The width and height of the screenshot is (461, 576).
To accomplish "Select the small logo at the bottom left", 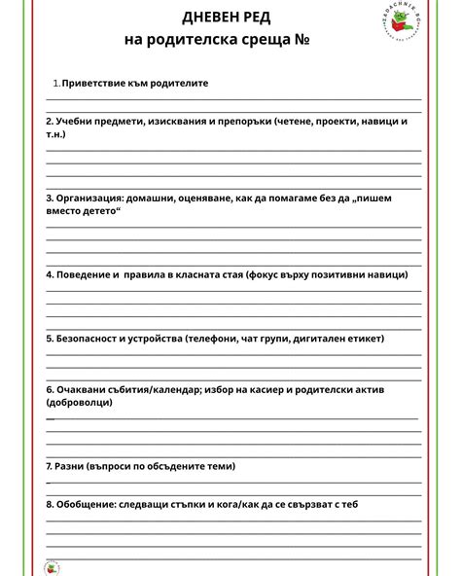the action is click(x=53, y=567).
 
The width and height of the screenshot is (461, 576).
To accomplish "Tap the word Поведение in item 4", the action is click(x=81, y=273).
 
